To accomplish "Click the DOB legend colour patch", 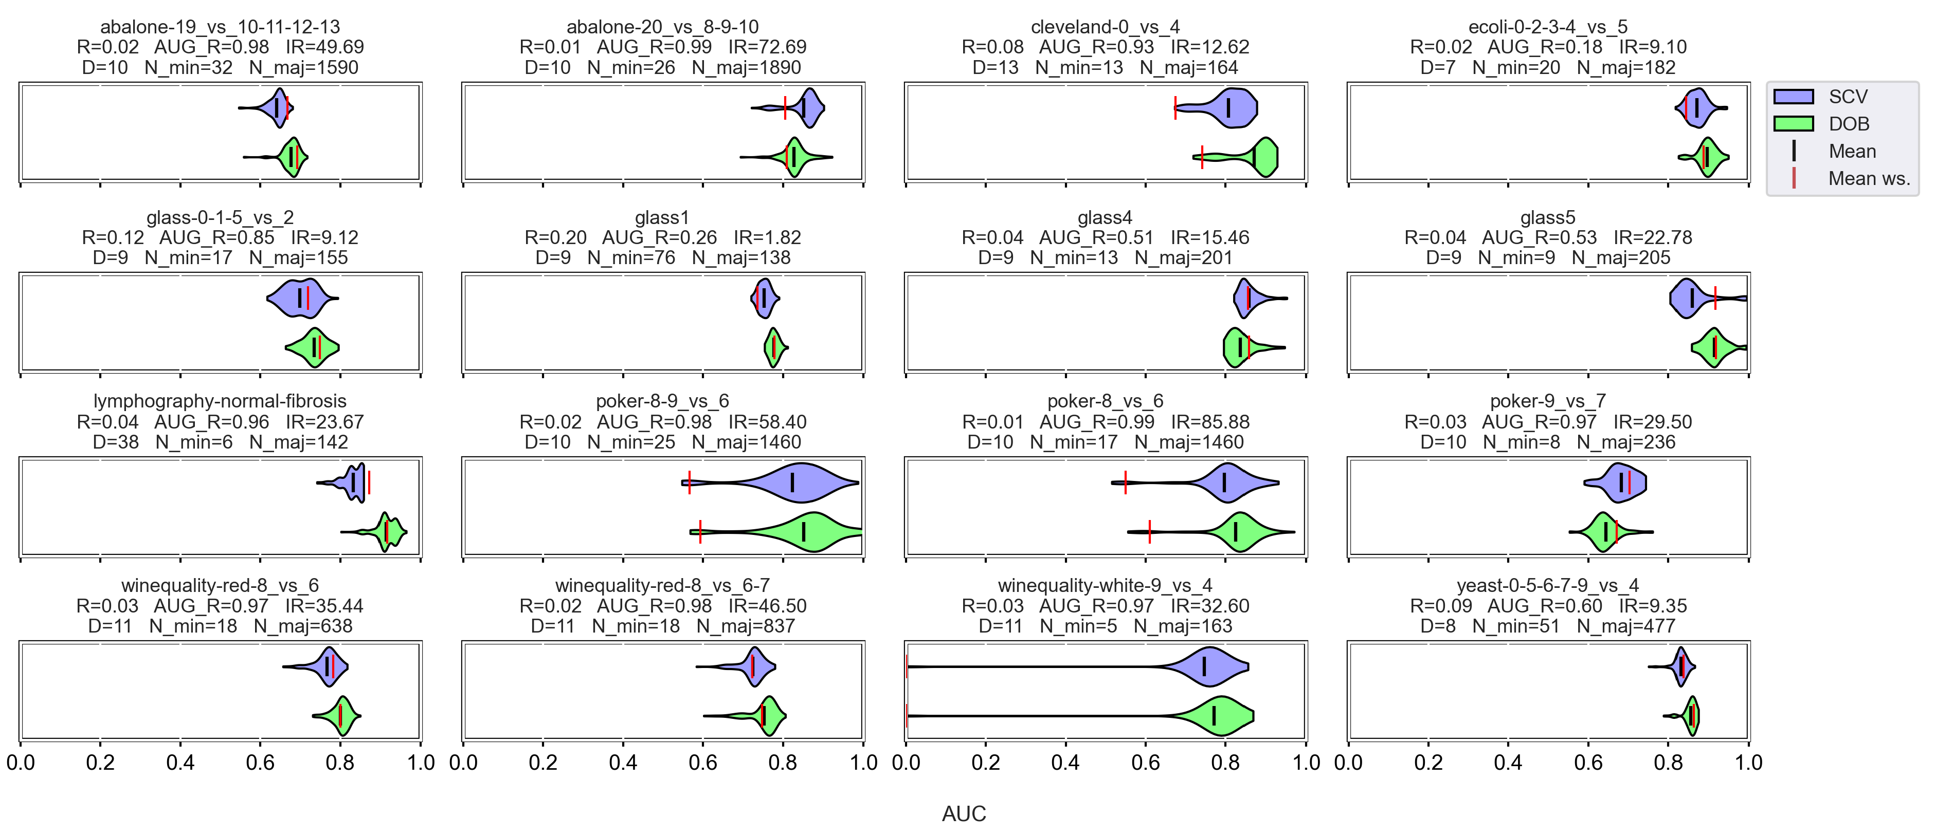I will point(1793,124).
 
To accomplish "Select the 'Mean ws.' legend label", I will point(1869,179).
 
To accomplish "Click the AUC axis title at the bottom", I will point(964,814).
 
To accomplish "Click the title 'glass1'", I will point(662,218).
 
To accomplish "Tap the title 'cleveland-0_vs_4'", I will point(1105,27).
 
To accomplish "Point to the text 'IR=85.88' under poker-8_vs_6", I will point(1209,422).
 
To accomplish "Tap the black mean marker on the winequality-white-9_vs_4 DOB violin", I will point(1214,716).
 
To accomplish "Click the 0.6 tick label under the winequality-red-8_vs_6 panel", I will point(260,763).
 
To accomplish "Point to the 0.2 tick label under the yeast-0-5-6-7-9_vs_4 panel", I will point(1428,763).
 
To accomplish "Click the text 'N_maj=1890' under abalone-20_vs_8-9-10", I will point(746,68).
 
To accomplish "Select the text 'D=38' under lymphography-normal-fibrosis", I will point(116,442).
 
